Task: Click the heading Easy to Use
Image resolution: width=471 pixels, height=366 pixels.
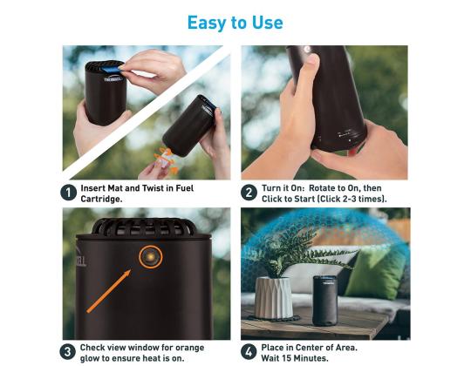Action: [x=235, y=23]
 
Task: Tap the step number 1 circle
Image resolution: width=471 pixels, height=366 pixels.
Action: [x=69, y=193]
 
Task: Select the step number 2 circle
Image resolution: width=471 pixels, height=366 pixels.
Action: [x=249, y=193]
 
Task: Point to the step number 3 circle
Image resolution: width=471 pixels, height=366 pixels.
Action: [x=68, y=351]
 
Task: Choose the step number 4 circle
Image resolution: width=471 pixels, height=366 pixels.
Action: [x=249, y=351]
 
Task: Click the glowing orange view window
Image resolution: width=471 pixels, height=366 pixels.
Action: [x=150, y=256]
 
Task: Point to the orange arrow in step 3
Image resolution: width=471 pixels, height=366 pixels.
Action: [x=109, y=291]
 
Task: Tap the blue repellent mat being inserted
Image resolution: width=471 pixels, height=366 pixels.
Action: [x=109, y=70]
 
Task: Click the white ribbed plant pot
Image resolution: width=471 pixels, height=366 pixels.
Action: [x=274, y=297]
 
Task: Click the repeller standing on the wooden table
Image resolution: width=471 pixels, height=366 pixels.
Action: [x=325, y=301]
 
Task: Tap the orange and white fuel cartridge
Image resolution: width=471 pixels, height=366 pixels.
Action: [x=166, y=160]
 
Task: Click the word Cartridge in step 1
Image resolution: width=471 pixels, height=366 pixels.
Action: [x=101, y=199]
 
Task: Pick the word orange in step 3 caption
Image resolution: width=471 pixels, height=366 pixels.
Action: [x=189, y=348]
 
